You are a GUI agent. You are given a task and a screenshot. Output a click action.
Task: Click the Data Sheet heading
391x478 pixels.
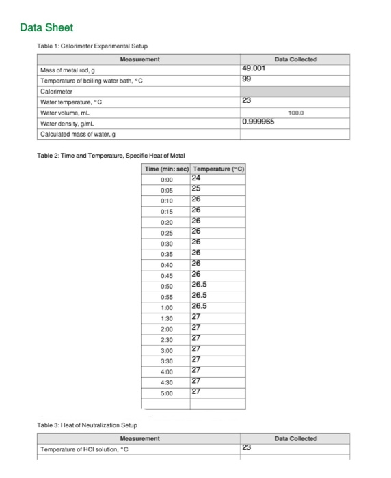pos(46,28)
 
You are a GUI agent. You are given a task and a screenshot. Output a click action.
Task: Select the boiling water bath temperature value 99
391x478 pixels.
pos(247,79)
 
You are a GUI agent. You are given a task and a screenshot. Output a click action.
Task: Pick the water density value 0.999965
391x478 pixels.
pos(259,123)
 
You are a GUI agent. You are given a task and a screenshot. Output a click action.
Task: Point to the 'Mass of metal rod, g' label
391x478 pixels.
pos(68,70)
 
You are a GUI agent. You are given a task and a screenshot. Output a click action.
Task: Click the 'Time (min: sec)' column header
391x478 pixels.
pos(167,169)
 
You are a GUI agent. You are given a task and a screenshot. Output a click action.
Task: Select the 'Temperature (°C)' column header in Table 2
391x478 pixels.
pos(219,169)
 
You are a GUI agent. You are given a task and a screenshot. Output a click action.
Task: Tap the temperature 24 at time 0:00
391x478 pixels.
pos(197,178)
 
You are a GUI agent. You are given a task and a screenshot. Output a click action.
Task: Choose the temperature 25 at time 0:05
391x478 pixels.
pos(197,188)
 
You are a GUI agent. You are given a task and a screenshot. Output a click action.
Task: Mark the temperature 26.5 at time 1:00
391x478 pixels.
pos(200,306)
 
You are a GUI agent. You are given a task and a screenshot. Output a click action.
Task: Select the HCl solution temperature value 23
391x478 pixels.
pos(247,448)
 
